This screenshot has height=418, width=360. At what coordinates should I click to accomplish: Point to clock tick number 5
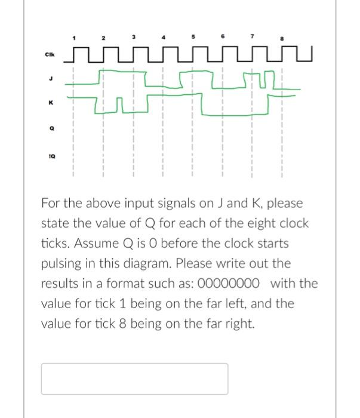192,37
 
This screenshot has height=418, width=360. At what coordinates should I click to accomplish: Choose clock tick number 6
222,37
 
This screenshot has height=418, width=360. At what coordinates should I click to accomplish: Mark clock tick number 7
252,37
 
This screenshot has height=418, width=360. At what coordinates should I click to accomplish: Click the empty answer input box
134,379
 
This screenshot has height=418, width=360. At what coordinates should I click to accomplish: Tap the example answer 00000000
233,283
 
